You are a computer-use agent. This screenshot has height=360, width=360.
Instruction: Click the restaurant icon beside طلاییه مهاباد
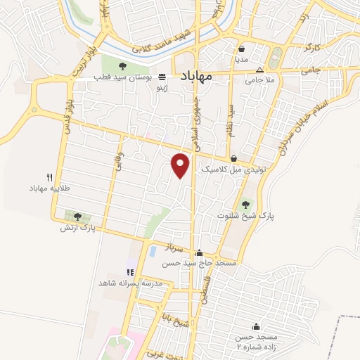point(49,177)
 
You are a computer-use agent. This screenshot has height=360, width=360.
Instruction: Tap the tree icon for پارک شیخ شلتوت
point(245,205)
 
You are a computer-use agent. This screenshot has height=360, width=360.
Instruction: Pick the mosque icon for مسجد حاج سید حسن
point(199,253)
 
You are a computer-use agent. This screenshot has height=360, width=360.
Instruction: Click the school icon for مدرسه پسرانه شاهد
point(129,272)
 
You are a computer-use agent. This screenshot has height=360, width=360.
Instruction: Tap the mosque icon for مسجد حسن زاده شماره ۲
point(255,327)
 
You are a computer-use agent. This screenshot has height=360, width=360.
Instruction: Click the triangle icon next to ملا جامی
point(259,70)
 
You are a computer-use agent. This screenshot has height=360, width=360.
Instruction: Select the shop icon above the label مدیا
point(242,49)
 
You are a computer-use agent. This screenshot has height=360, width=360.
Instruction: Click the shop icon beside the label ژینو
point(162,77)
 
